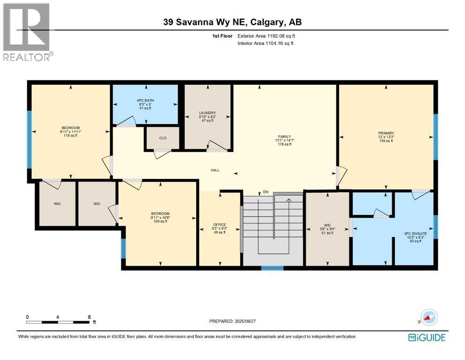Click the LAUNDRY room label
pos(207,113)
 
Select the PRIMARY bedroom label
pos(386,133)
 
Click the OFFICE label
pos(220,225)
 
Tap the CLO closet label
pos(162,138)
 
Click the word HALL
pos(215,170)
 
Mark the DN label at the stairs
pos(265,192)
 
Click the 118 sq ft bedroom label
pos(71,128)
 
